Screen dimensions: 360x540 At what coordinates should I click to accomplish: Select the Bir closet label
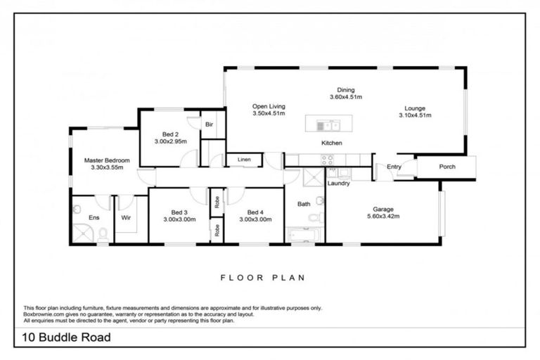coord(208,124)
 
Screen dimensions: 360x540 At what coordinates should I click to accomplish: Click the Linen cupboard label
coord(243,159)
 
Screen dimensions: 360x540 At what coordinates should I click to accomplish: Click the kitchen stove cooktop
coord(327,159)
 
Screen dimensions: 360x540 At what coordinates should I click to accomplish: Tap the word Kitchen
coord(331,143)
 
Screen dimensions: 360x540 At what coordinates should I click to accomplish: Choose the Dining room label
coord(345,89)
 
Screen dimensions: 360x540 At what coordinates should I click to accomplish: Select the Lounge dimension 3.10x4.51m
coord(414,115)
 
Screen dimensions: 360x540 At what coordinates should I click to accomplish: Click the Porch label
coord(446,167)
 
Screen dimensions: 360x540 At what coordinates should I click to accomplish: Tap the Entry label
coord(393,167)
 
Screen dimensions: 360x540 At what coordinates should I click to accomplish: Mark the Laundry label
coord(339,184)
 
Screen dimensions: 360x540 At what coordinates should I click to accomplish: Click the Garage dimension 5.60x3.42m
coord(382,217)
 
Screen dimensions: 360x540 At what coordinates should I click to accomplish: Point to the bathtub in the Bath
coord(304,234)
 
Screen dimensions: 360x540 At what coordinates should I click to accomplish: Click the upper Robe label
coord(217,201)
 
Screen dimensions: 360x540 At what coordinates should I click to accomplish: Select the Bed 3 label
coord(179,212)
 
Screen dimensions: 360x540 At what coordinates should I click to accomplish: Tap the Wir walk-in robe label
coord(127,218)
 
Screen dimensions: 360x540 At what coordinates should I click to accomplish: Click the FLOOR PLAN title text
coord(262,277)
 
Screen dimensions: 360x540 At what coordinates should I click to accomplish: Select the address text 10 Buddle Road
coord(67,337)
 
